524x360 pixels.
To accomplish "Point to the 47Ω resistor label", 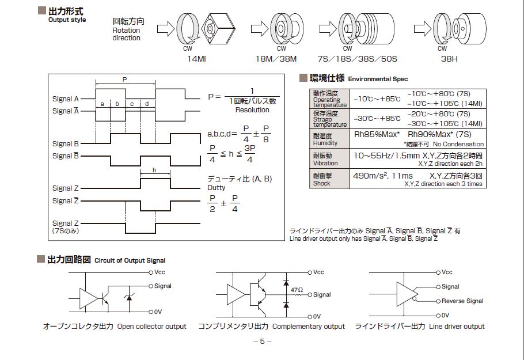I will coord(297,290).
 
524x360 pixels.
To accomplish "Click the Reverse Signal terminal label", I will coord(462,301).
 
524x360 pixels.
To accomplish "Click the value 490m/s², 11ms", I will coord(382,176).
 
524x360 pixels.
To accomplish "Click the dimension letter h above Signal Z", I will coord(154,170).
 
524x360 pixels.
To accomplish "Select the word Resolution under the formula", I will coord(252,110).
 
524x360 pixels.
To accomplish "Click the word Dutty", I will coord(217,188).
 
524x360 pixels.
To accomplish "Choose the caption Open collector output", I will coord(151,327).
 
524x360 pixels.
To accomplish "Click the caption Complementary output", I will coord(308,327).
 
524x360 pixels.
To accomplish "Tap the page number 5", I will coord(262,342).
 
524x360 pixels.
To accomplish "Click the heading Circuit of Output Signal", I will coord(131,260).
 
